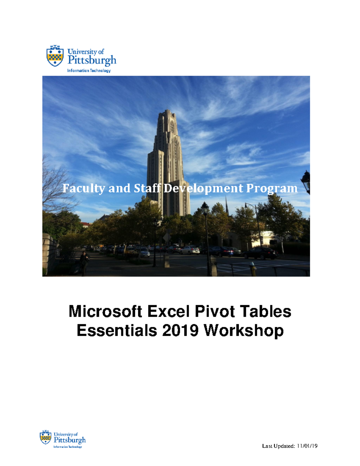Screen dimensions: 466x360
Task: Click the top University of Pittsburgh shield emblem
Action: (55, 56)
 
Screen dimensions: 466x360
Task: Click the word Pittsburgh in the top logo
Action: (92, 60)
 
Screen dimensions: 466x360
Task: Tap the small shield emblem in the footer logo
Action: (46, 437)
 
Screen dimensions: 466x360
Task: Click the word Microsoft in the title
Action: (105, 311)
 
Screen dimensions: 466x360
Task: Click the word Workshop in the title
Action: (244, 331)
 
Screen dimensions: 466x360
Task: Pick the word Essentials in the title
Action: (117, 330)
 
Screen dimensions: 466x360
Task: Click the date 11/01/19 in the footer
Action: (307, 446)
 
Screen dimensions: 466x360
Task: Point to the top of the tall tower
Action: (167, 112)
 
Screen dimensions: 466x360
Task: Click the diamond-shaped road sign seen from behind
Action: (167, 238)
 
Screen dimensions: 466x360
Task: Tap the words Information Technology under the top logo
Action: (89, 71)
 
